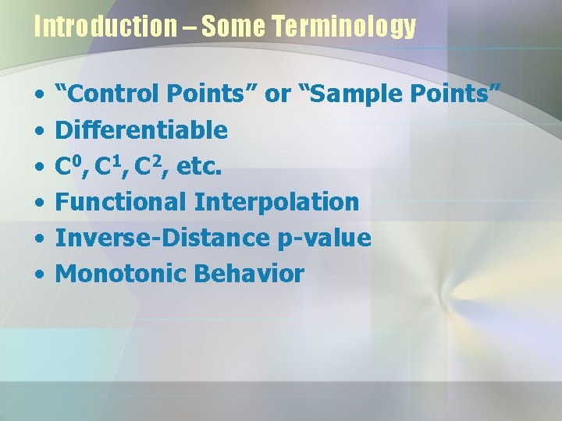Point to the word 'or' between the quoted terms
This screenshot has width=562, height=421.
(278, 94)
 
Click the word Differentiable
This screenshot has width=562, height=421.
(141, 129)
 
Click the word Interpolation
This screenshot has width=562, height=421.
(276, 202)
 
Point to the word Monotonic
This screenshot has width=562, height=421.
(121, 274)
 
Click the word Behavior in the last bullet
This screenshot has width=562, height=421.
(249, 274)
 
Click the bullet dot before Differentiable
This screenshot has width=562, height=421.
(39, 131)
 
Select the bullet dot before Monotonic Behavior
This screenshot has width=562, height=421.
(39, 275)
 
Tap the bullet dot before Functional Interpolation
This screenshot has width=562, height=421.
(39, 203)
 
